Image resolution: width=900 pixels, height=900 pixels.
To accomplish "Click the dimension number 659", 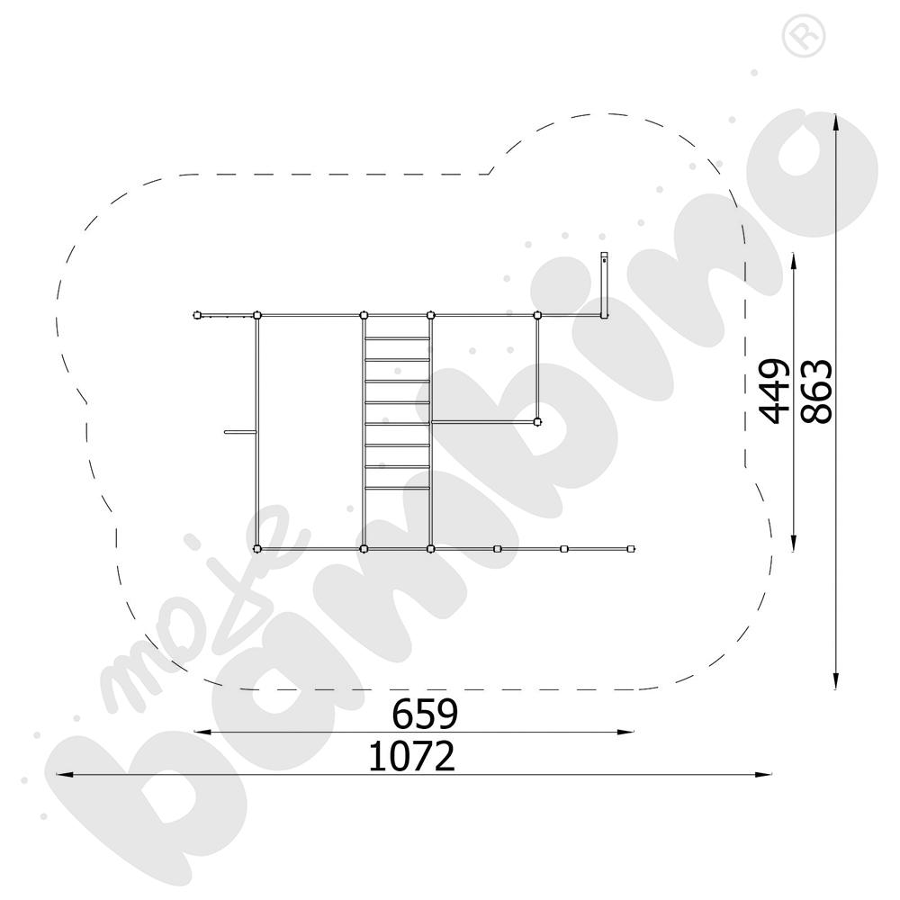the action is coord(425,714).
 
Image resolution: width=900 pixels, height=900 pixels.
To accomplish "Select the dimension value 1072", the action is coord(411,756).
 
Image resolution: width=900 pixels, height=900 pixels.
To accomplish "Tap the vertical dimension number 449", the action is coord(772,391).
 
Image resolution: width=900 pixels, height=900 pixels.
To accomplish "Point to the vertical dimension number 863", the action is coord(816,391).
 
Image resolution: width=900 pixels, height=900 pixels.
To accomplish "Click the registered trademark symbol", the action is coord(804,36).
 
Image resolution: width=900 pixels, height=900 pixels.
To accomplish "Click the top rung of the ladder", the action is coord(397,338).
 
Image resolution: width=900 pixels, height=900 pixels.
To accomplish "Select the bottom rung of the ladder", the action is coord(397,488).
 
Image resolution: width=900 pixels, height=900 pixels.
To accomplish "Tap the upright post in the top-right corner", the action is coord(604,285).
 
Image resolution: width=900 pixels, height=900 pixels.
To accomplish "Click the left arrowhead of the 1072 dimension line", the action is coord(64,774).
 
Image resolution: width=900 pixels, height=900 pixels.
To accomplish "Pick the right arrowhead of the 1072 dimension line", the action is coord(764,774).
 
